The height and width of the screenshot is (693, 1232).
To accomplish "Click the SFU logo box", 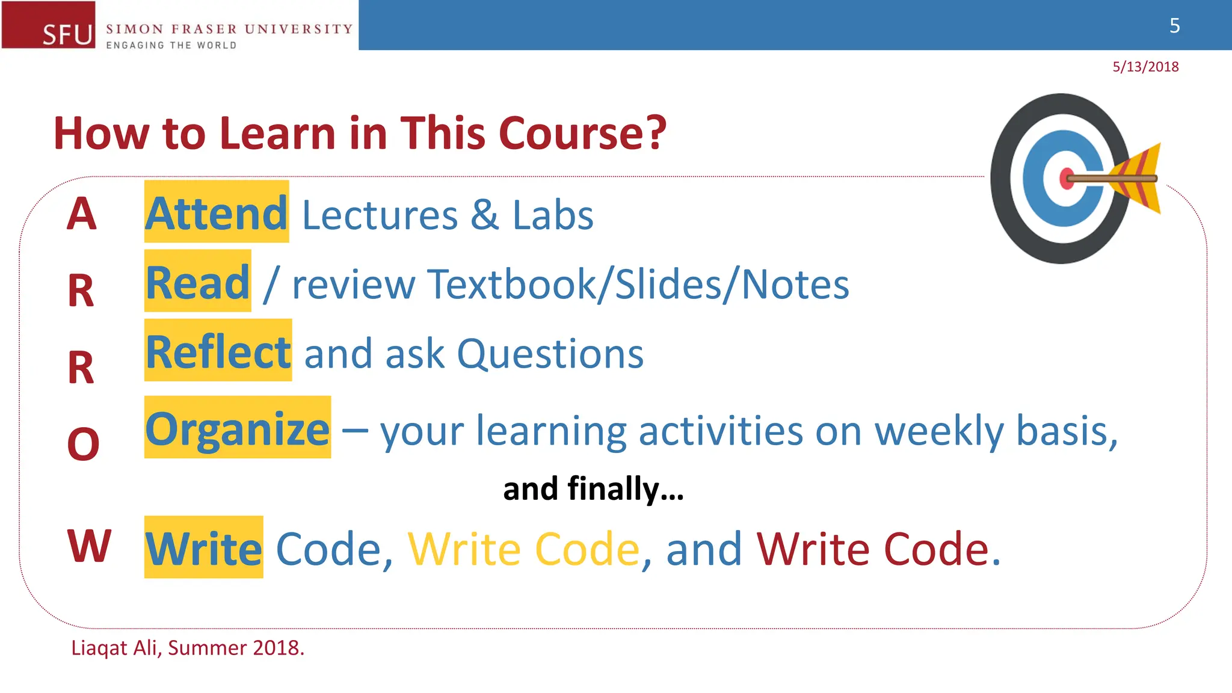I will (49, 25).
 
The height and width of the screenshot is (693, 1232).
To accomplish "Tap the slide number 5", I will (1174, 26).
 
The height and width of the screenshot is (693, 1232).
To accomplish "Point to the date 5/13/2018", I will (1145, 67).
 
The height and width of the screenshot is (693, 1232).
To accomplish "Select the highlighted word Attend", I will (217, 213).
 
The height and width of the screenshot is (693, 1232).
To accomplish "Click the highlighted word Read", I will (198, 282).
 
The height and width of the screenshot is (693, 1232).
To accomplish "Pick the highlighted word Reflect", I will (218, 351).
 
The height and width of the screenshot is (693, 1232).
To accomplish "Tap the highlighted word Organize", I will (238, 428).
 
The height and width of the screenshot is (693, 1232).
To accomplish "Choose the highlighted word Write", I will (204, 548).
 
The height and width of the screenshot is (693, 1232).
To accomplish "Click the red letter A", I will (81, 214).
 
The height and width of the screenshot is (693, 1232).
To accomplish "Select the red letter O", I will (83, 445).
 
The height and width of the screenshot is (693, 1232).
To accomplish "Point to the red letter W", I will (89, 546).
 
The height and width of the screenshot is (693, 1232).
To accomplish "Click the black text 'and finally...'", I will (593, 488).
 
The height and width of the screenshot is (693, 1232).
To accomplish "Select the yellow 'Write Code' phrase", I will (523, 549).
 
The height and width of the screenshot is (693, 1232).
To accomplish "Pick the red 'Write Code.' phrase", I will (878, 549).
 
